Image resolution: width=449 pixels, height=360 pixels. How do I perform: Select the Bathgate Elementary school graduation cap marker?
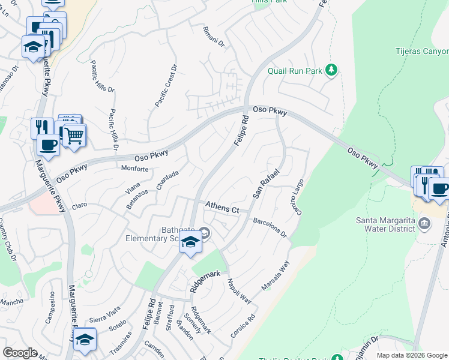pyautogui.click(x=191, y=242)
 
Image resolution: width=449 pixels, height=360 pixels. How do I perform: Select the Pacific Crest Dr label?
pyautogui.click(x=166, y=86)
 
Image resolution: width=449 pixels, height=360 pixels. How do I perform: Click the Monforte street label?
pyautogui.click(x=134, y=169)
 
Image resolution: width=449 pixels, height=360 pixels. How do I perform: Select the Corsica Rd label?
pyautogui.click(x=243, y=324)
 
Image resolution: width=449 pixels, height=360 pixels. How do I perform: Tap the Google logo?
pyautogui.click(x=20, y=353)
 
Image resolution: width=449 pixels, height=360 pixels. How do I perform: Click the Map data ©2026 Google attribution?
pyautogui.click(x=411, y=355)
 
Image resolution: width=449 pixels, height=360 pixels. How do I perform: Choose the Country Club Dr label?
pyautogui.click(x=8, y=241)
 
